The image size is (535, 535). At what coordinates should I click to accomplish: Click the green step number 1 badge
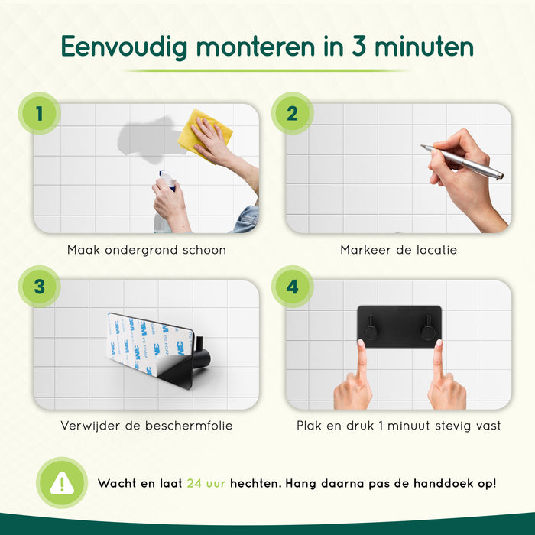[x=37, y=114]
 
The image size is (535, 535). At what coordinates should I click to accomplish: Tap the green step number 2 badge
[x=292, y=114]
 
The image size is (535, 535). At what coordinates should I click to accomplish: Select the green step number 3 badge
[x=37, y=288]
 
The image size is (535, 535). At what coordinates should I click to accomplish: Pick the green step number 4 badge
[x=292, y=288]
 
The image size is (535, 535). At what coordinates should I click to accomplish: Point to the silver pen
[x=462, y=161]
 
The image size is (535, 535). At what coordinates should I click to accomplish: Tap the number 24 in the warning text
[x=194, y=483]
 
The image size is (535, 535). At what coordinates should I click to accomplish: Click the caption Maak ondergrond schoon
[x=146, y=250]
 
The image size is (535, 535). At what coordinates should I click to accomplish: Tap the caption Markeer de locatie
[x=399, y=250]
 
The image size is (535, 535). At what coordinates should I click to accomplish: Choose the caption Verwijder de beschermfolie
[x=146, y=425]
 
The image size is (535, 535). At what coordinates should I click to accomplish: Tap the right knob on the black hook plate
[x=426, y=331]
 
